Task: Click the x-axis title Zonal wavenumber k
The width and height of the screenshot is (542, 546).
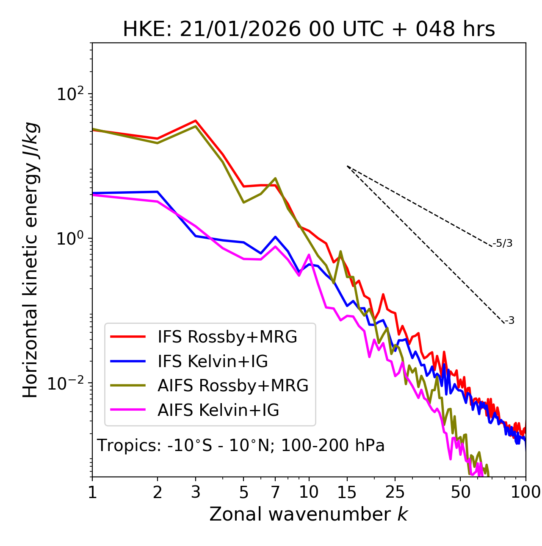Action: [x=309, y=514]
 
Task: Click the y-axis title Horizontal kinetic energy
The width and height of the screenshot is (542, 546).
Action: [x=30, y=260]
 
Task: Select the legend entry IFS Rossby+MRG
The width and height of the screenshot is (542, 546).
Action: [x=227, y=337]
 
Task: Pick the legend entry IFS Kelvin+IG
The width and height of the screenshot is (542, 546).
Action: [x=213, y=362]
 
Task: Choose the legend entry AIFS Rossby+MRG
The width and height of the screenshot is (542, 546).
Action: [x=233, y=386]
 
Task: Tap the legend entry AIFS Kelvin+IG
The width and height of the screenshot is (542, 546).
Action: [x=218, y=410]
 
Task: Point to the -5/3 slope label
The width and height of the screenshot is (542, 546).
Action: [x=503, y=243]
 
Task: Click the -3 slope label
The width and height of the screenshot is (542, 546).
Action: [x=510, y=321]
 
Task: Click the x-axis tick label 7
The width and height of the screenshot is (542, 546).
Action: [x=275, y=493]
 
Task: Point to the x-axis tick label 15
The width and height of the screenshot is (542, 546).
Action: [x=347, y=493]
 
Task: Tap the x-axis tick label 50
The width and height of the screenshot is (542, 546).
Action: [x=460, y=493]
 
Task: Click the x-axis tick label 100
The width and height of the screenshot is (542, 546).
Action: [x=525, y=493]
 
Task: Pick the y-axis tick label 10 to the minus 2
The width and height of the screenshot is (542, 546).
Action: [x=68, y=383]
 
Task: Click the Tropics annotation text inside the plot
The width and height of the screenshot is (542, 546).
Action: [x=241, y=446]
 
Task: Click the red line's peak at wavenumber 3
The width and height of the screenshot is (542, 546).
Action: [x=196, y=120]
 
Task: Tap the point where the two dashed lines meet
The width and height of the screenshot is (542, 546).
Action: [x=347, y=166]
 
